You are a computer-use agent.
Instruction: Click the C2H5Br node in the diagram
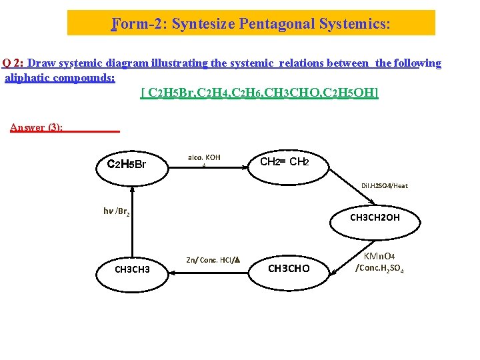(127, 164)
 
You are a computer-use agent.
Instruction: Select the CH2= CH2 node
(283, 162)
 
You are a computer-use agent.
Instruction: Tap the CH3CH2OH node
(375, 217)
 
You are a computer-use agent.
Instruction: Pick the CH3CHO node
(289, 269)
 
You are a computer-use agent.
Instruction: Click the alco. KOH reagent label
(204, 158)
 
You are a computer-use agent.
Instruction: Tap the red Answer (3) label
(37, 127)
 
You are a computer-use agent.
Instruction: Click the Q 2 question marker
(13, 63)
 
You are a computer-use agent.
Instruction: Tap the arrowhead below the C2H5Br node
(133, 191)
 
